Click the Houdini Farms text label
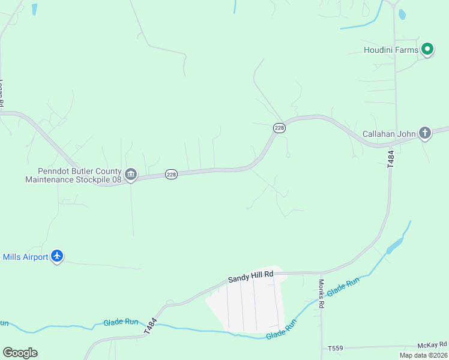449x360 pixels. coord(391,50)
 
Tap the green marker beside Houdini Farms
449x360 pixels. coord(427,49)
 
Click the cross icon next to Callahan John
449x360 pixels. coord(425,133)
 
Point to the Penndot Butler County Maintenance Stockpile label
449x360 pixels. coord(73,175)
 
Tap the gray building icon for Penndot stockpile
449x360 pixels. coord(130,175)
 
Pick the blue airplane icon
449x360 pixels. coord(57,256)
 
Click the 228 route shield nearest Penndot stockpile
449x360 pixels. coord(171,174)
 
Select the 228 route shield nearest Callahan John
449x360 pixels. coord(279,128)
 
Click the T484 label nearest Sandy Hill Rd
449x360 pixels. coord(149,326)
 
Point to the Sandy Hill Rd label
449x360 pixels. coord(250,277)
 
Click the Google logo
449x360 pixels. coord(20,353)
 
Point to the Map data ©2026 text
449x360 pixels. coord(423,355)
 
